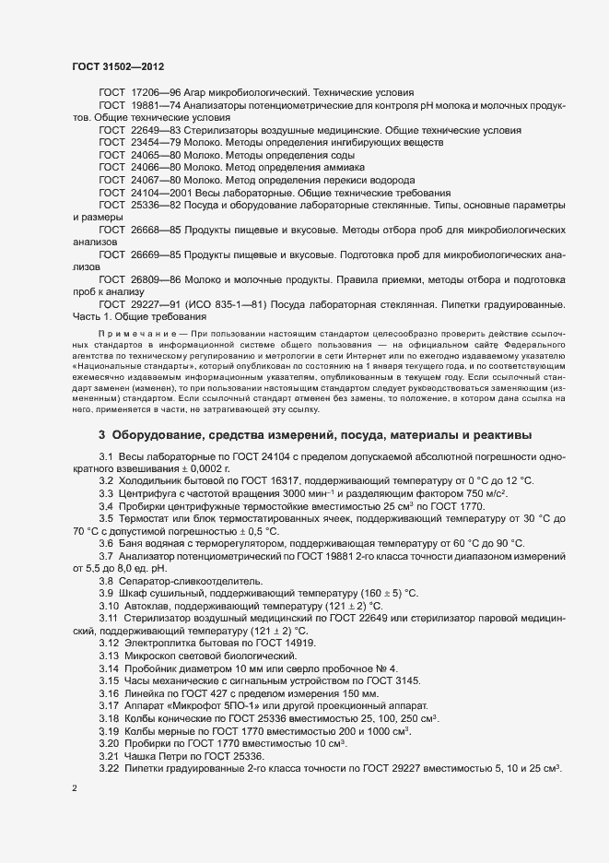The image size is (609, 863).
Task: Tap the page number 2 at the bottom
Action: pos(74,789)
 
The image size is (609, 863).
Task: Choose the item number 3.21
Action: pos(108,753)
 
